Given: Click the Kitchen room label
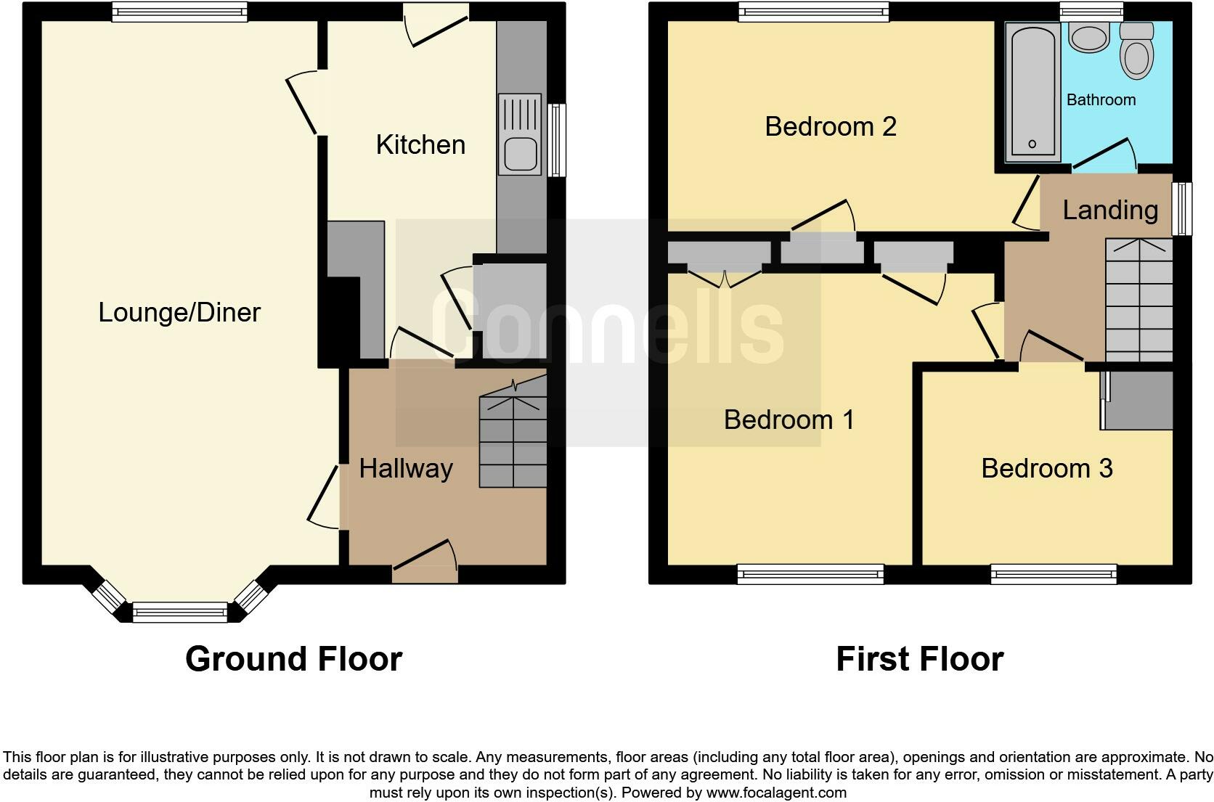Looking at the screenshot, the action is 420,144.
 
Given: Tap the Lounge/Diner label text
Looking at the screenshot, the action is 179,313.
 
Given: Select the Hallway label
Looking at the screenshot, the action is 406,469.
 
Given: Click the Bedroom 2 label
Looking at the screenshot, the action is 831,127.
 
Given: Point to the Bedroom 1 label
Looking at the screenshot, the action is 789,420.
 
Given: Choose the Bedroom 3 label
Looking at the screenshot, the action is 1047,469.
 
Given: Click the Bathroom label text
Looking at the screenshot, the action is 1101,99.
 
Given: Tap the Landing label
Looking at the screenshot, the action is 1110,210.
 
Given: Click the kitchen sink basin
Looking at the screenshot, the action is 521,153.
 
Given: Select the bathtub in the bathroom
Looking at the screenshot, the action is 1033,92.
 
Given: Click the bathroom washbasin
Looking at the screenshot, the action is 1089,38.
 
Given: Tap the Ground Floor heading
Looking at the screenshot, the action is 294,659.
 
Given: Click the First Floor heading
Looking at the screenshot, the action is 920,659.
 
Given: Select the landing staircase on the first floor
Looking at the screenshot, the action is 1139,300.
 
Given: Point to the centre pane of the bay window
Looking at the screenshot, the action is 180,613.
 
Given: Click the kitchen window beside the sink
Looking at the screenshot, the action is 557,140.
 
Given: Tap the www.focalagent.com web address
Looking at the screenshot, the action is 776,793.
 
